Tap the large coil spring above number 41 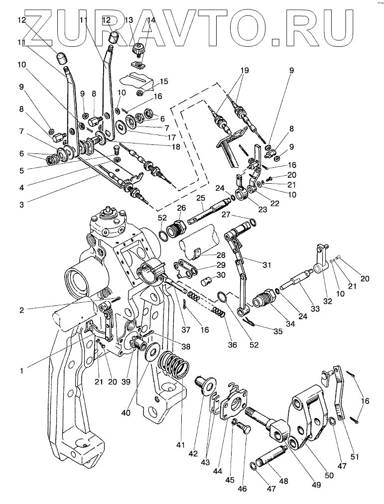[174, 366]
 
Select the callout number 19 [243, 71]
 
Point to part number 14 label [151, 21]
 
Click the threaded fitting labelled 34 [262, 300]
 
